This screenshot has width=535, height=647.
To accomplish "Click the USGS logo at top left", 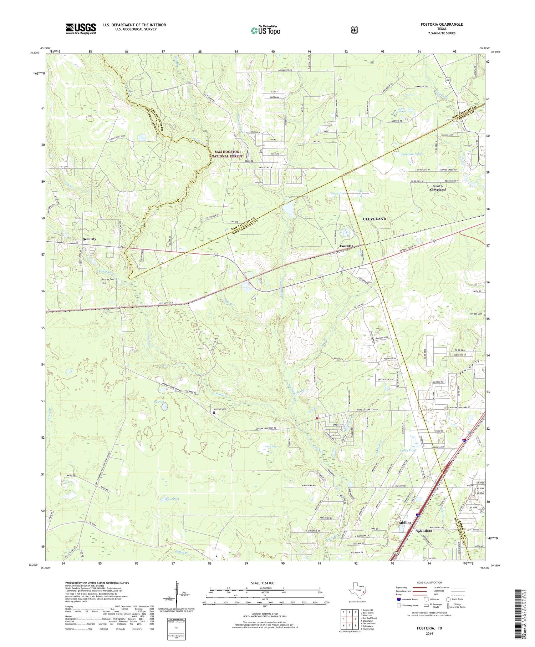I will click(81, 29).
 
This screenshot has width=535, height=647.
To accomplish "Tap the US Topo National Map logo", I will click(265, 30).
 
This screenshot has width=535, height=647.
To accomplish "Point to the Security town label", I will click(90, 239).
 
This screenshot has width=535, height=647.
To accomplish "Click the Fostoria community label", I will click(346, 246).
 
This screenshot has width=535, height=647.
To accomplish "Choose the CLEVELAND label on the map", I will click(374, 219).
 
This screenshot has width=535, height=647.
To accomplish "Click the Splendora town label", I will click(424, 531).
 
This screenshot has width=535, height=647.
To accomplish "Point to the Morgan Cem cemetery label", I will click(220, 409).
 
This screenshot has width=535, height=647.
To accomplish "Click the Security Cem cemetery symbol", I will click(105, 283).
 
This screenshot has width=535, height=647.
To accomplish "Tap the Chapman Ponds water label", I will click(411, 154).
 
